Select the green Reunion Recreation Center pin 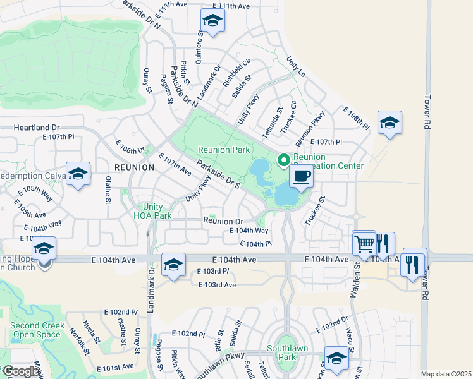(x=284, y=161)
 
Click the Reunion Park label (x=224, y=150)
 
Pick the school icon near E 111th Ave (x=213, y=21)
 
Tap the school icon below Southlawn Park (x=336, y=358)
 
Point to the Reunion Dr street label (x=223, y=221)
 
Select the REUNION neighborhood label (x=134, y=167)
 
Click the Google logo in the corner (x=21, y=371)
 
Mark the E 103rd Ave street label (x=217, y=286)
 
